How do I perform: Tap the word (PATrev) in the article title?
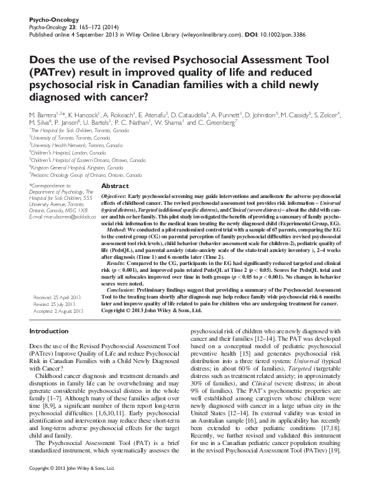pos(50,72)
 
